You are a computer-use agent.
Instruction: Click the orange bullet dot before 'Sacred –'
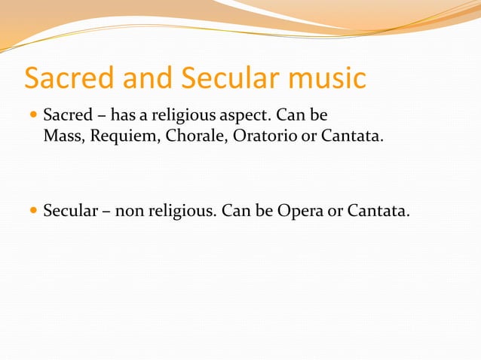(32, 117)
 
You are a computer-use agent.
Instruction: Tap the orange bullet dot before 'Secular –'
(32, 209)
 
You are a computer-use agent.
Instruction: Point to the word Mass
(60, 138)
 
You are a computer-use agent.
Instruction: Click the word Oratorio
(253, 138)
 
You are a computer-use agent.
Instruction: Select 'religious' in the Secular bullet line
(181, 209)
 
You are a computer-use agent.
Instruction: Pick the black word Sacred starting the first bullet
(67, 117)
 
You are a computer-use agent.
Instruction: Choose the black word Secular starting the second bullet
(71, 209)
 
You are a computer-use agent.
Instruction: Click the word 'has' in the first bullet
(123, 117)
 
